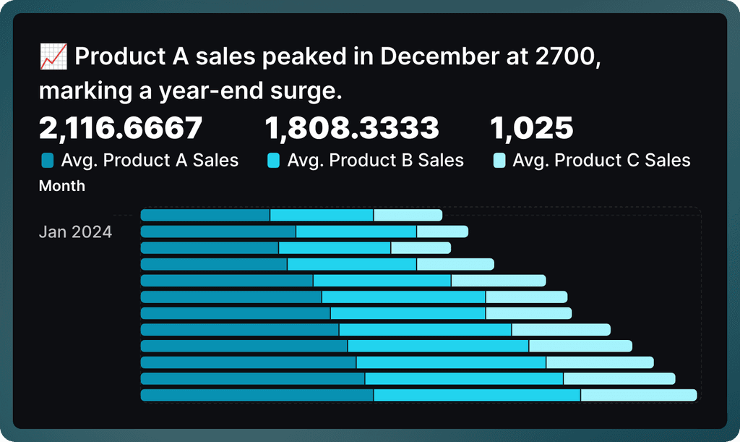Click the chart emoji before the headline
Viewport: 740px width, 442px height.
pos(54,56)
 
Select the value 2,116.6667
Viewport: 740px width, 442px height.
pos(121,129)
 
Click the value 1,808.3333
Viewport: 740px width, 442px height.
pos(352,129)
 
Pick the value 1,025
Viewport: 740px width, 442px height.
pos(532,129)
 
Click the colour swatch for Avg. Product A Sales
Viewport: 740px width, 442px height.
pos(48,160)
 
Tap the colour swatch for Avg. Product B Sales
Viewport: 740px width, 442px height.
pos(274,160)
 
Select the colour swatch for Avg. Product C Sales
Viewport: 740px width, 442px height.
pos(499,160)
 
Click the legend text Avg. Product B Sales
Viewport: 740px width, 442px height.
pos(375,160)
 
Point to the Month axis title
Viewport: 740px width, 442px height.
pos(61,186)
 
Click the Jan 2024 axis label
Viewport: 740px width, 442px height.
pos(75,232)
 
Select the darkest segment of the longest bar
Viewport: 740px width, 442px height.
pos(257,395)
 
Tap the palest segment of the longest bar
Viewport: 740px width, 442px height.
pos(638,395)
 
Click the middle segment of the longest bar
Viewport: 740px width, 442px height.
pos(477,395)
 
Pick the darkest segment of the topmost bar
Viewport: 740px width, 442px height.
pos(205,215)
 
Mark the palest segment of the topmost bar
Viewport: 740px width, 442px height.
pos(408,215)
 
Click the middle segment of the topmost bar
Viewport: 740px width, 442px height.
pos(322,215)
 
